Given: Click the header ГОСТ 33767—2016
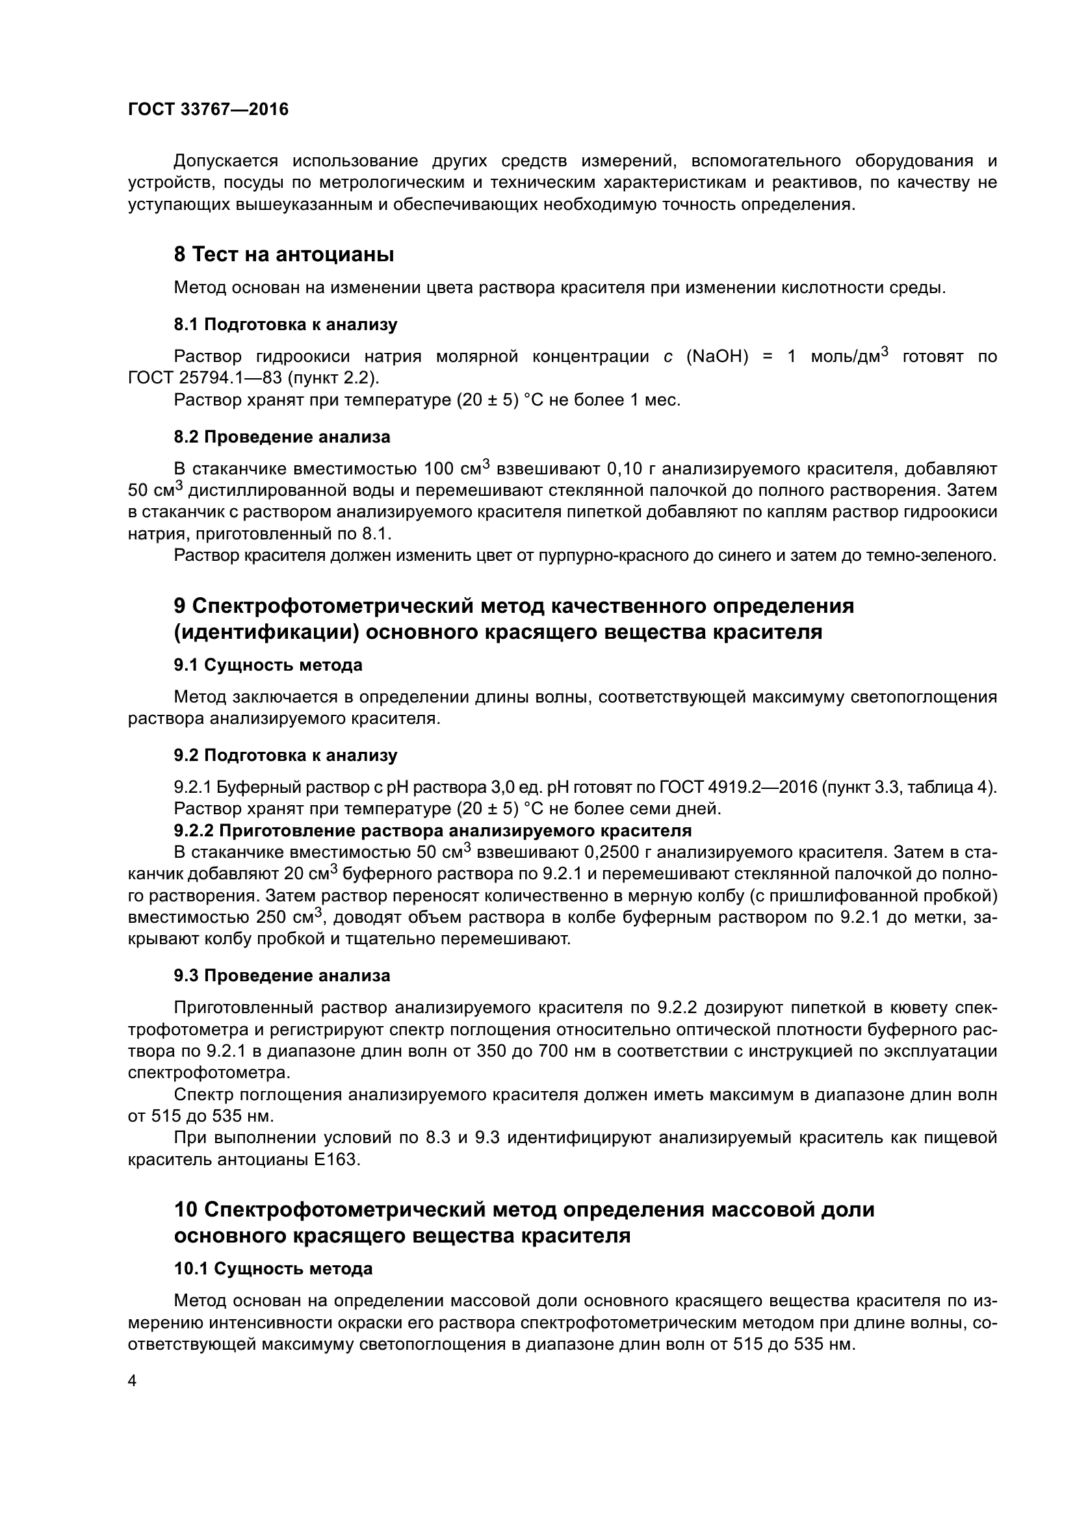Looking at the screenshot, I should (x=208, y=109).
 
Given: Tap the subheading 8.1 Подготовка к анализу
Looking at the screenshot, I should (x=285, y=324).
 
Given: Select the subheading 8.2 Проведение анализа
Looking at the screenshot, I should (x=282, y=437).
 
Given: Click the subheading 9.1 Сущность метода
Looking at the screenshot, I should (x=268, y=665).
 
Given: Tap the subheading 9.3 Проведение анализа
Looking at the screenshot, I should (x=282, y=976).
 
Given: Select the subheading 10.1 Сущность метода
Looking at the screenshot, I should (x=273, y=1269).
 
